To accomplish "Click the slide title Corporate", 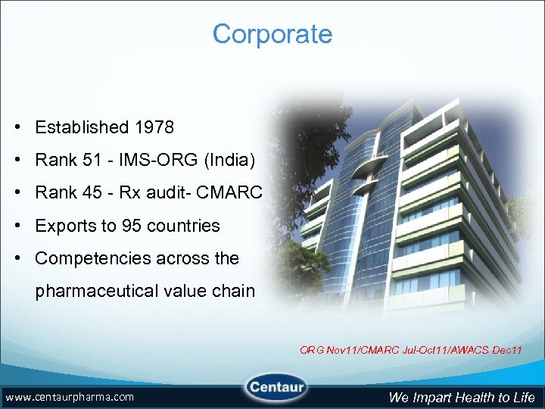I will coord(272,34).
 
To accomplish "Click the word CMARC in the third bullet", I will coord(229,192).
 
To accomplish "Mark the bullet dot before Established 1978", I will coord(16,127).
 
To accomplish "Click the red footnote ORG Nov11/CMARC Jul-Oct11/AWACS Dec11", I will coord(410,350).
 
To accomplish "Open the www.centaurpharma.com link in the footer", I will coord(70,397).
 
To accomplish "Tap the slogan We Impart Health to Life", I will coord(462,397).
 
